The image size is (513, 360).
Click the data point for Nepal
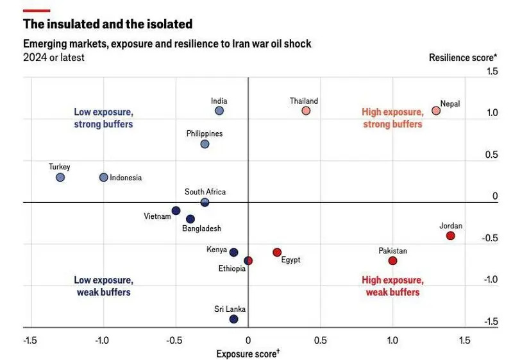[436, 110]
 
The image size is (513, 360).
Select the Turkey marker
[60, 177]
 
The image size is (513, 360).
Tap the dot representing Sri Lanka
[233, 319]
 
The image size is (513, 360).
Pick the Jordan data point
[450, 236]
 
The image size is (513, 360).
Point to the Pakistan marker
[392, 261]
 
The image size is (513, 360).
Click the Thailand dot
[306, 110]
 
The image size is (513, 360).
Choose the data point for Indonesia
[103, 177]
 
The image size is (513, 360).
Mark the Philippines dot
[205, 144]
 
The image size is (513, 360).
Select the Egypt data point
[277, 252]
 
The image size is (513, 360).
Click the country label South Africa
[205, 192]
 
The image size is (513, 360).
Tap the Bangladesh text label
[201, 228]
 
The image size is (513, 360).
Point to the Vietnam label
[157, 216]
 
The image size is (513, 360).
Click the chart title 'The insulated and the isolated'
[108, 24]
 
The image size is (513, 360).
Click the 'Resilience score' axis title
[463, 57]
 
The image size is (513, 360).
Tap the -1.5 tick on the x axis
[29, 339]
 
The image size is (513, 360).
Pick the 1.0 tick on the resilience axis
[491, 113]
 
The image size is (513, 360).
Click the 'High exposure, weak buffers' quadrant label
[392, 286]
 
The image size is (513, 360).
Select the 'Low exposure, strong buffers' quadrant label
[103, 117]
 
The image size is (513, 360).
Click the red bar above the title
[37, 10]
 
